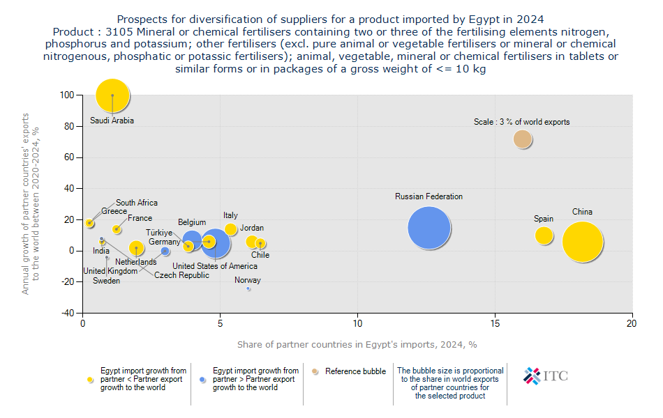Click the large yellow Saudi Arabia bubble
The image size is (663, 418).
112,95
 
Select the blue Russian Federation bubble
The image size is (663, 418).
429,226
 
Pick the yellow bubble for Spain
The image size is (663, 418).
544,235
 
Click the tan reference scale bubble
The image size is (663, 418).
523,139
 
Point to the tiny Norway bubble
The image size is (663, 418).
248,288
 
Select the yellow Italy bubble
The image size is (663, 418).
231,230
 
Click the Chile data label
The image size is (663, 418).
260,255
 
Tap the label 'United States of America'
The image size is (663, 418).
214,265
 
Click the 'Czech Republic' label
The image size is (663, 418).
181,275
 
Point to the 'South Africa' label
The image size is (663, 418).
137,203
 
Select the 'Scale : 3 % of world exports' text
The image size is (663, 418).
521,122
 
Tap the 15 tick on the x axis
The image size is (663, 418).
495,325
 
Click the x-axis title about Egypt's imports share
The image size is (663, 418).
357,344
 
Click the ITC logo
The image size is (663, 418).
545,376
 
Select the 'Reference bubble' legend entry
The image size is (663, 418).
355,371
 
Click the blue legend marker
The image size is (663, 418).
202,380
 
